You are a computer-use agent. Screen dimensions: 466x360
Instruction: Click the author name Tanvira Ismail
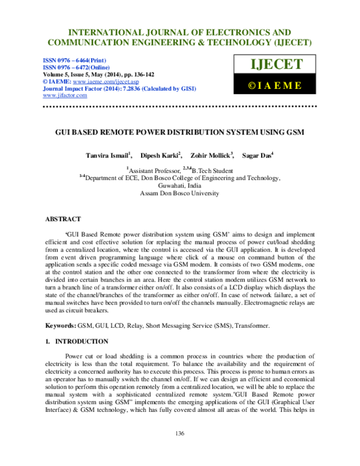[x=109, y=156]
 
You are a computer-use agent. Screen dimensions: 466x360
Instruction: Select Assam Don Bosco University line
[x=179, y=194]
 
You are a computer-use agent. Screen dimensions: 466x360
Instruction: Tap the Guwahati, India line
[x=179, y=186]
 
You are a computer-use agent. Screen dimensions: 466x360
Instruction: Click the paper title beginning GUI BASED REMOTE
[x=179, y=132]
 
